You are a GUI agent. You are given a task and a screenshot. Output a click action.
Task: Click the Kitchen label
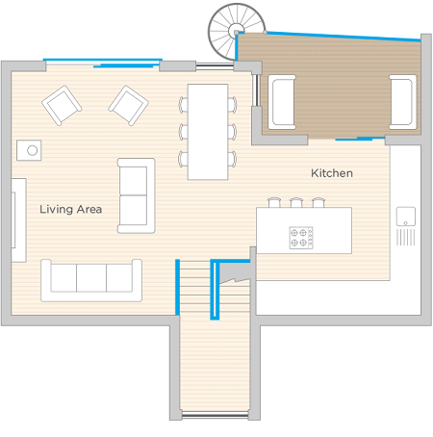[332, 173]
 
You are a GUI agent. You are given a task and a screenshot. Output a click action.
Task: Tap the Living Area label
[71, 210]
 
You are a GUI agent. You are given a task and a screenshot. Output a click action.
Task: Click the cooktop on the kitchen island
[301, 238]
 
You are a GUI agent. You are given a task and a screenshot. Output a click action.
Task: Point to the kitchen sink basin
[406, 217]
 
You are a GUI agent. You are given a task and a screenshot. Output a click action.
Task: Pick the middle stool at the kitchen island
[296, 202]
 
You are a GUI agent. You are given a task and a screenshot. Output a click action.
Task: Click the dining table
[208, 132]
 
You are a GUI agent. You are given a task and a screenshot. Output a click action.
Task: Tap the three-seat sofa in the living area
[91, 281]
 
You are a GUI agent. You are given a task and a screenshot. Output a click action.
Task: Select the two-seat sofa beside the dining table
[137, 195]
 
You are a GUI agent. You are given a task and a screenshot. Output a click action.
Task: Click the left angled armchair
[62, 105]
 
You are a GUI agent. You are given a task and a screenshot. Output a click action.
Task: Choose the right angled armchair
[128, 105]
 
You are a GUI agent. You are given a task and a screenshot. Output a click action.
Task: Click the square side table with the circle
[29, 150]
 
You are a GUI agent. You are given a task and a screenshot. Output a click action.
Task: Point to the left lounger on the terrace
[282, 102]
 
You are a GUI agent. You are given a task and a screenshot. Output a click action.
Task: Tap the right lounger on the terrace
[403, 102]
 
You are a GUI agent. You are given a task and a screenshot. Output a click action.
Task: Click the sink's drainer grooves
[406, 237]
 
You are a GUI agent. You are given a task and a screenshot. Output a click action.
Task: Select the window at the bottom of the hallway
[215, 415]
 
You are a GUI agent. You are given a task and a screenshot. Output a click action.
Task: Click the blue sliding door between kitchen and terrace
[360, 139]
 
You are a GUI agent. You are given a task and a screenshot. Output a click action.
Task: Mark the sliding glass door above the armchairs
[103, 63]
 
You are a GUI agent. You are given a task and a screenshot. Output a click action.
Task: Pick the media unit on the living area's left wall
[19, 220]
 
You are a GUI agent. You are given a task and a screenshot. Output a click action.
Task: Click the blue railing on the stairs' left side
[177, 287]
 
